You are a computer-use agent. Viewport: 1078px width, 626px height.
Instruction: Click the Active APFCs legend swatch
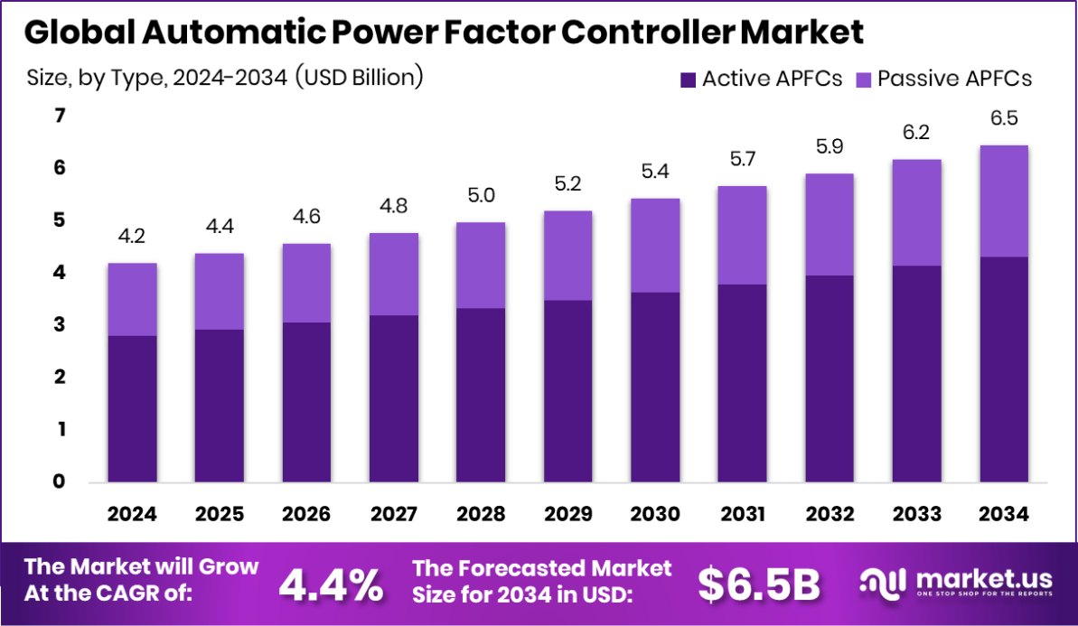pyautogui.click(x=688, y=79)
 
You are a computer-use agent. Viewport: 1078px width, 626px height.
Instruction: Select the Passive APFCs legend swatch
pyautogui.click(x=863, y=79)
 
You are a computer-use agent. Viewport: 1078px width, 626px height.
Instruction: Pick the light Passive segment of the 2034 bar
pyautogui.click(x=1004, y=201)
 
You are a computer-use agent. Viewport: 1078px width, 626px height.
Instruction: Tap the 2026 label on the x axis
pyautogui.click(x=306, y=515)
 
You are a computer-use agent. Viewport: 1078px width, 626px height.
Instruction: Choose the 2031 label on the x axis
pyautogui.click(x=742, y=515)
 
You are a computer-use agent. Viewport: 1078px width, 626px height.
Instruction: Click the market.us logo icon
pyautogui.click(x=882, y=584)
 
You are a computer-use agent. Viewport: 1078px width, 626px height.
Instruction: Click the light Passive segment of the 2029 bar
pyautogui.click(x=567, y=256)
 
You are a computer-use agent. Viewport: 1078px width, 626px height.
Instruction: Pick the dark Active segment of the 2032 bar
pyautogui.click(x=830, y=378)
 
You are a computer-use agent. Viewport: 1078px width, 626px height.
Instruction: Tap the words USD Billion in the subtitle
pyautogui.click(x=366, y=78)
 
